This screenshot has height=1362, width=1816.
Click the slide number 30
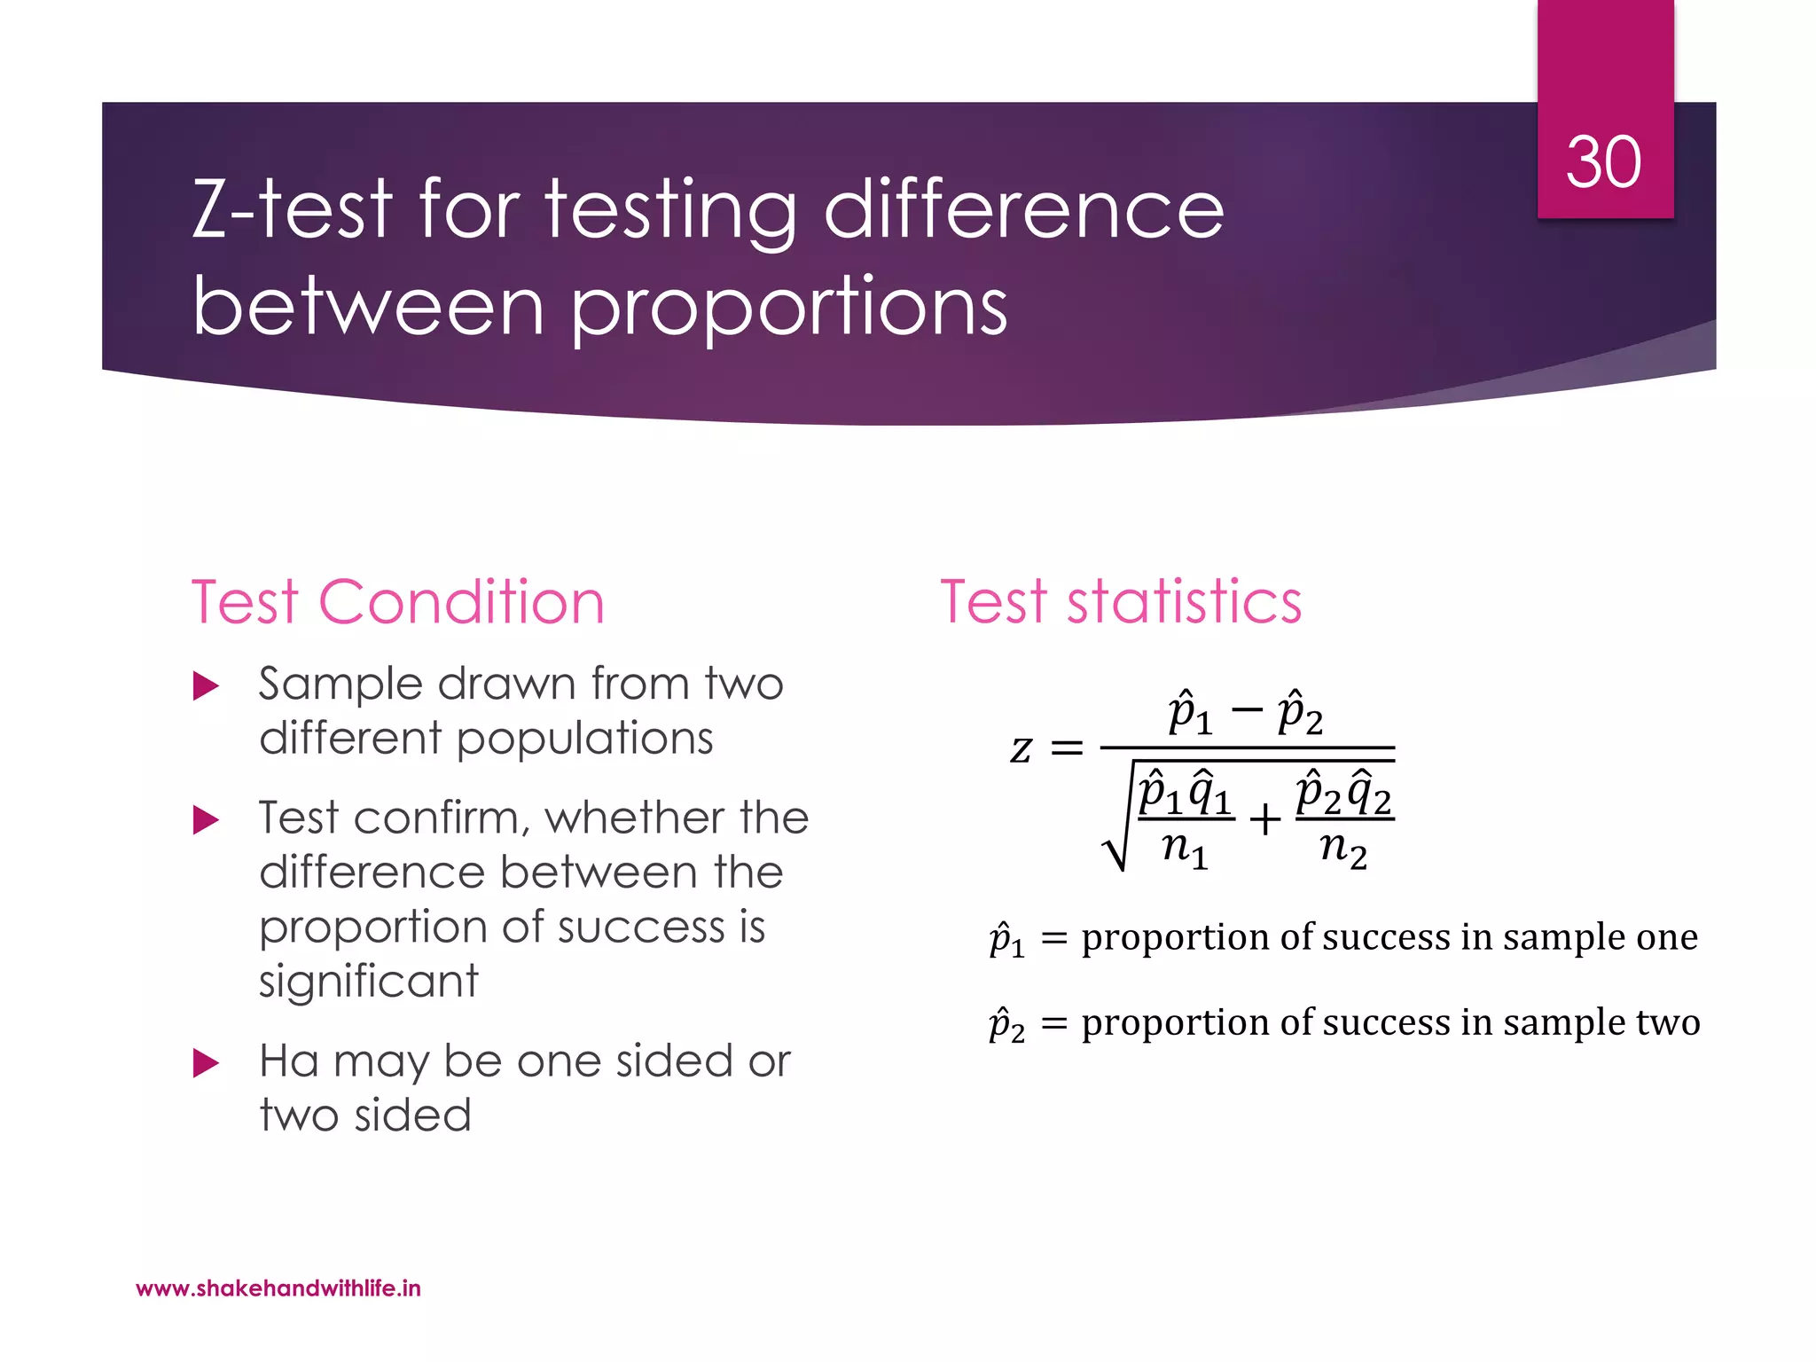(1603, 163)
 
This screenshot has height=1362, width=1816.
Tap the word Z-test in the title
(292, 209)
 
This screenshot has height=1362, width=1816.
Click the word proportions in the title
(788, 308)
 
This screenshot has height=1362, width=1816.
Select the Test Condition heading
(398, 603)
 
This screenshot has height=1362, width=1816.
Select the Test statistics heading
(1121, 603)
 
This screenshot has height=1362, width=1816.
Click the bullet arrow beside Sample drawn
(206, 686)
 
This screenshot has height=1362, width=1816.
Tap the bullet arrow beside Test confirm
(206, 820)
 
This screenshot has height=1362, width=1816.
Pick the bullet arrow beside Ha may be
(206, 1063)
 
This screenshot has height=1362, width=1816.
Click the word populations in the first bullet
(585, 739)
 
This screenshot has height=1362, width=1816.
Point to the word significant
(369, 982)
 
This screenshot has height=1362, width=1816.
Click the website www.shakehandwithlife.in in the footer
(278, 1288)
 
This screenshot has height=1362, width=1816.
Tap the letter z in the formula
(1021, 749)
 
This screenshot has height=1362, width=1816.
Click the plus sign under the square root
(1265, 819)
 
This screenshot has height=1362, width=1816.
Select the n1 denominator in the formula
(1186, 849)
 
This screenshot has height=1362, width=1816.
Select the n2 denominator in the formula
(1343, 849)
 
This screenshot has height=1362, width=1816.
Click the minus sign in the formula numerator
(1247, 709)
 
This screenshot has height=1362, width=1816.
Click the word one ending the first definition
(1667, 937)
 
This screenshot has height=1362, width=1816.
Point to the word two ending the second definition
(1669, 1022)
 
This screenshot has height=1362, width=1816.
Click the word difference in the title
(1024, 209)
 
